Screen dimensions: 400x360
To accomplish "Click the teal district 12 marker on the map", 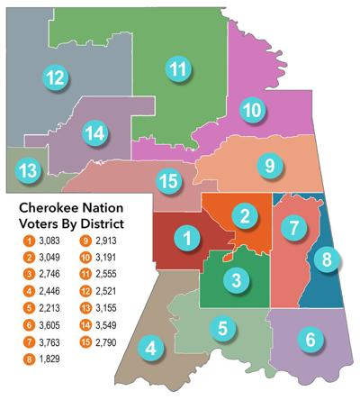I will point(55,77).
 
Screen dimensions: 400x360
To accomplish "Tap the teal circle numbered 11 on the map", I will point(179,68).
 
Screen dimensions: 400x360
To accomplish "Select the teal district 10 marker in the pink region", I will point(252,111).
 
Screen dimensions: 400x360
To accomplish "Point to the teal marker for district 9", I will point(268,166).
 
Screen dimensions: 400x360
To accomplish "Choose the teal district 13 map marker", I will point(30,169).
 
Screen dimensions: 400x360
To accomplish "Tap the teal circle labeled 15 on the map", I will point(167,181).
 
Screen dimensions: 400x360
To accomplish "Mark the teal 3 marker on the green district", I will point(234,280).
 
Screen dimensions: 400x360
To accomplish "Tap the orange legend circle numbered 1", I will point(29,241).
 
